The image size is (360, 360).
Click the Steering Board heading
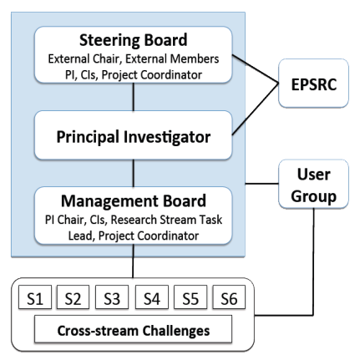pos(134,40)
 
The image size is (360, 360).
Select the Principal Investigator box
pos(134,135)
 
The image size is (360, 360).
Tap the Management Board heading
pos(134,200)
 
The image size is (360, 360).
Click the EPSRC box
pos(313,84)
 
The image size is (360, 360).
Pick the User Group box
pos(313,184)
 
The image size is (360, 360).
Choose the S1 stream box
pos(35,297)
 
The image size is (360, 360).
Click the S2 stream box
pos(73,297)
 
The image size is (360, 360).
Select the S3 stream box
pos(112,297)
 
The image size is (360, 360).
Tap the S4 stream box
pos(152,297)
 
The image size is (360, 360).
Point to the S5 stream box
pos(190,297)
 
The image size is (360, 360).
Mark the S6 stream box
pos(229,297)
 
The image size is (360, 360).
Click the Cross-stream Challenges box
pos(133,329)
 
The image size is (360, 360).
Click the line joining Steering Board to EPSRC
pos(256,68)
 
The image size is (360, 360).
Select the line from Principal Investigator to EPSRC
pos(256,109)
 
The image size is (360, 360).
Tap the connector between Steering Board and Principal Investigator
pos(134,97)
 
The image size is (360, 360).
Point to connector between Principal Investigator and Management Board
pos(134,173)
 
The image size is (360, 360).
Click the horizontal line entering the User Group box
pos(261,184)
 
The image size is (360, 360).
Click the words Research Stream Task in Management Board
pos(166,220)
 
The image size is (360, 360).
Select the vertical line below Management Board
pos(133,261)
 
